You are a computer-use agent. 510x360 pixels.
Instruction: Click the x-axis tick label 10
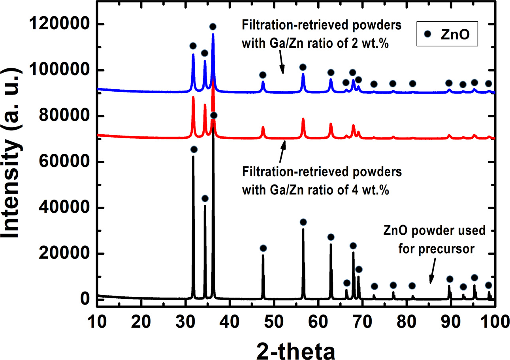point(97,318)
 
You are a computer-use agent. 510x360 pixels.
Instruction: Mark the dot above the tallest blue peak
point(213,27)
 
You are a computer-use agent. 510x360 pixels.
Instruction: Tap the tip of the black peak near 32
point(193,157)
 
